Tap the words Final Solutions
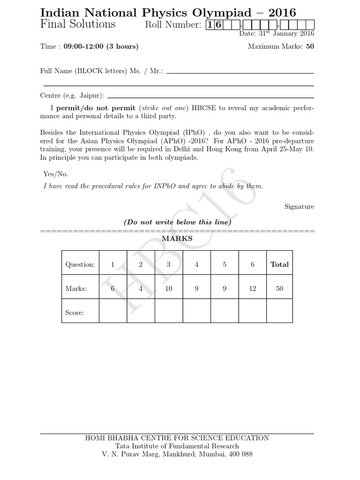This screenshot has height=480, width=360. [x=78, y=24]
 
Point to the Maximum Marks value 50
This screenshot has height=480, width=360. [x=310, y=46]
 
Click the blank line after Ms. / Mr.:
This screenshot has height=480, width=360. [x=240, y=73]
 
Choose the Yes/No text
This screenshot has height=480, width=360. [x=56, y=174]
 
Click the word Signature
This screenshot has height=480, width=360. [x=300, y=207]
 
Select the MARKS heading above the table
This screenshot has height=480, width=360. [x=177, y=239]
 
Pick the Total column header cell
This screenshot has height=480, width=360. [x=279, y=264]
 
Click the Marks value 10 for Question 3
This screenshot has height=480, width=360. [x=169, y=289]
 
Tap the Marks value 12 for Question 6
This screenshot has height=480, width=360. [x=253, y=289]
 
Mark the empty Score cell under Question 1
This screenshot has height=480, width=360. [x=113, y=311]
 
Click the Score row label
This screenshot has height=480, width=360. [x=75, y=313]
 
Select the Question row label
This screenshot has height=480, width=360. [x=80, y=264]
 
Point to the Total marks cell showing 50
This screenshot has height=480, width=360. [x=279, y=289]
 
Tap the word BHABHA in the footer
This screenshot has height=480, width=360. [x=124, y=438]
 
